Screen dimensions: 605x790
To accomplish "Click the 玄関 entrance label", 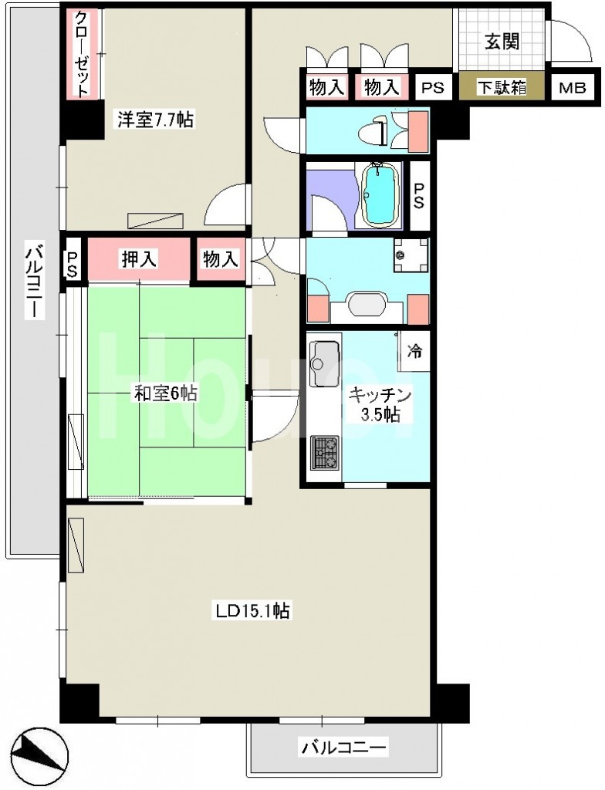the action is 502,42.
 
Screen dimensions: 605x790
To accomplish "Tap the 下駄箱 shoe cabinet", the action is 502,87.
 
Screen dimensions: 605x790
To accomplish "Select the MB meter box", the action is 573,88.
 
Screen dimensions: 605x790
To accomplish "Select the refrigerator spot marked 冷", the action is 414,350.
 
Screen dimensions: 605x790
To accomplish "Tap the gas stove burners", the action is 325,452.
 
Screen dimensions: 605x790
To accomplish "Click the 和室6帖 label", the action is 165,393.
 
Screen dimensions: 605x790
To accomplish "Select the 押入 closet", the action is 139,259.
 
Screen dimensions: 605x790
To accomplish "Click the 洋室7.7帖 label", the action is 155,120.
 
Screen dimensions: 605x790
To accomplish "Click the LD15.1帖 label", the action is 252,611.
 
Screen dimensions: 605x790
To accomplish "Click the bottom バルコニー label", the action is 345,747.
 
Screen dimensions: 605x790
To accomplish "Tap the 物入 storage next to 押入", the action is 221,259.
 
